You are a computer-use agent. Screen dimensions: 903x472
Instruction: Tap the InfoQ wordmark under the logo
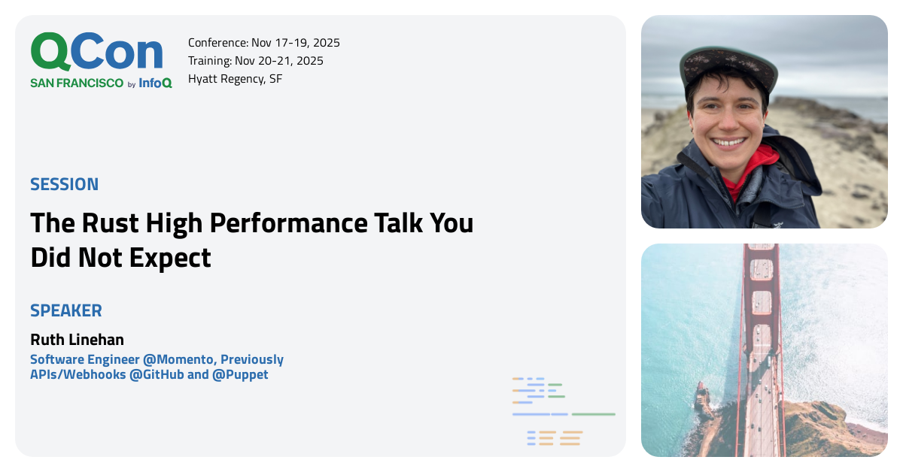(x=155, y=83)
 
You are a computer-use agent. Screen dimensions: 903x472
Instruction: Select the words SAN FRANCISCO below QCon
(x=77, y=83)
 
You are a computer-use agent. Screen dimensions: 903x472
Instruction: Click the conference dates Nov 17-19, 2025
(x=296, y=43)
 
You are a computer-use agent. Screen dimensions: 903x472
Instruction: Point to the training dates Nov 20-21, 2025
(x=279, y=61)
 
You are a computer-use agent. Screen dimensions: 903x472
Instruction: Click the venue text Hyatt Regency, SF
(x=235, y=79)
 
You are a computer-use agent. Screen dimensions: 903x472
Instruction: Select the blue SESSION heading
(x=65, y=184)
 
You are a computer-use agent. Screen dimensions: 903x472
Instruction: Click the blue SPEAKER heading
(x=66, y=311)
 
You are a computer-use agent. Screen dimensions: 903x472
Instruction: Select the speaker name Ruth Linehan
(x=77, y=340)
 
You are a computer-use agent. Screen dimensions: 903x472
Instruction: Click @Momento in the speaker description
(x=178, y=359)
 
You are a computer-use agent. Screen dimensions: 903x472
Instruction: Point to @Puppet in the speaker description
(x=240, y=374)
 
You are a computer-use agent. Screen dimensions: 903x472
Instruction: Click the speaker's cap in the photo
(x=728, y=67)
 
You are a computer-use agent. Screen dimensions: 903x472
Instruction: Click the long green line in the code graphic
(x=594, y=414)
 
